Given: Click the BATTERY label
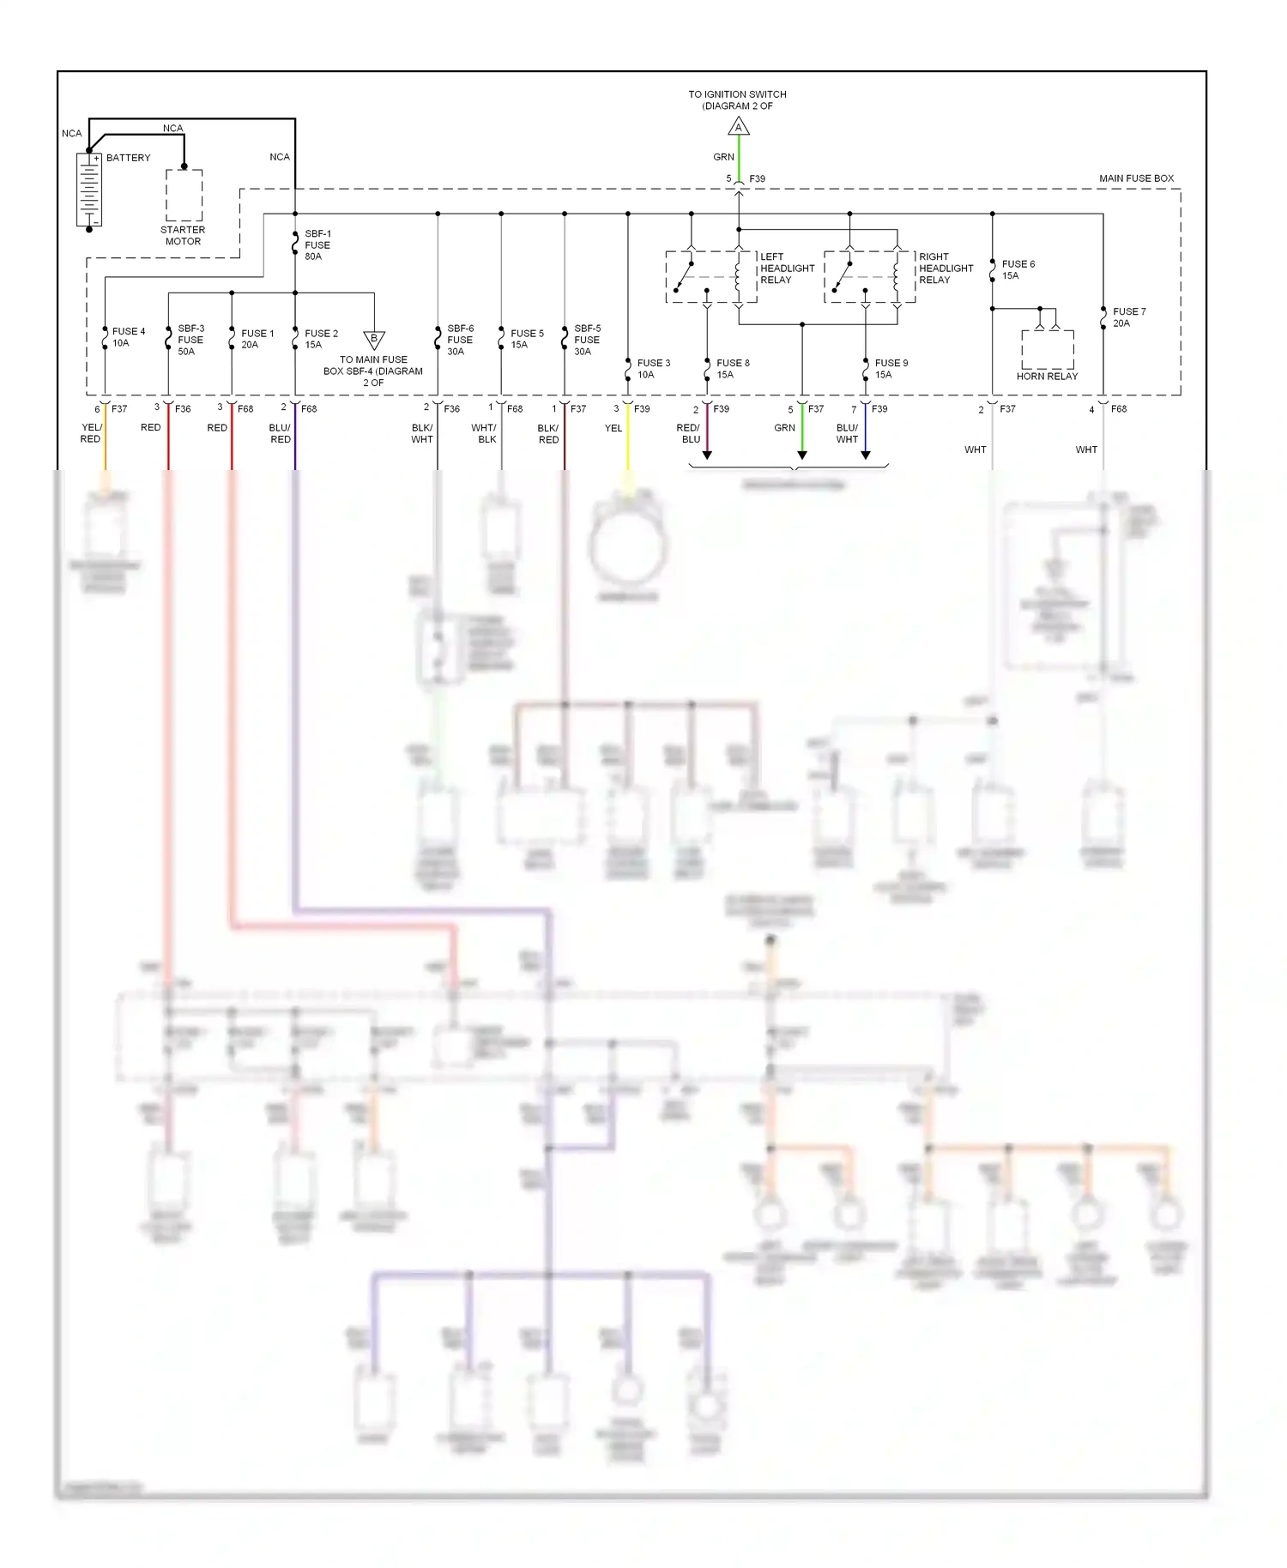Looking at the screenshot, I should tap(128, 158).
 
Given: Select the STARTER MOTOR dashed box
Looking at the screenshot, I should tap(184, 196).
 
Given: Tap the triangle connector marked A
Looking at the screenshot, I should tap(739, 128).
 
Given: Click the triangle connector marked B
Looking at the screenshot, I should tap(374, 339).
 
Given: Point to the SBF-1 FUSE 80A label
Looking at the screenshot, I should tap(317, 245).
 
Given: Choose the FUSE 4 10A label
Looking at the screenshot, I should tap(128, 337).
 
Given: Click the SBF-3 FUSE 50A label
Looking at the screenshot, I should tap(190, 340).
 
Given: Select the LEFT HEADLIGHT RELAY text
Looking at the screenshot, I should tap(787, 268).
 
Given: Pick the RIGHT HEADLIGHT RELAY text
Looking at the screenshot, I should tap(946, 268).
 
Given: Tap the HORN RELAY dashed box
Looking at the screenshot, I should tap(1047, 349).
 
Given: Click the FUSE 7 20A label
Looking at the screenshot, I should tap(1128, 317).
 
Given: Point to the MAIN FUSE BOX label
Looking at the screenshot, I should tap(1136, 178).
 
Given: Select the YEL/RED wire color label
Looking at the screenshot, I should tap(91, 433).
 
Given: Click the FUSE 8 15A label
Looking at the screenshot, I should tap(733, 369).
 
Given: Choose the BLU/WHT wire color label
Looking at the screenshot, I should tap(847, 433).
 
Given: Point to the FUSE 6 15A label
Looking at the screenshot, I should tap(1018, 270).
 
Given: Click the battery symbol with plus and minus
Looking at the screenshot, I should tap(89, 190).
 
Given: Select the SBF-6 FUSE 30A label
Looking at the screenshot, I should tap(460, 340).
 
